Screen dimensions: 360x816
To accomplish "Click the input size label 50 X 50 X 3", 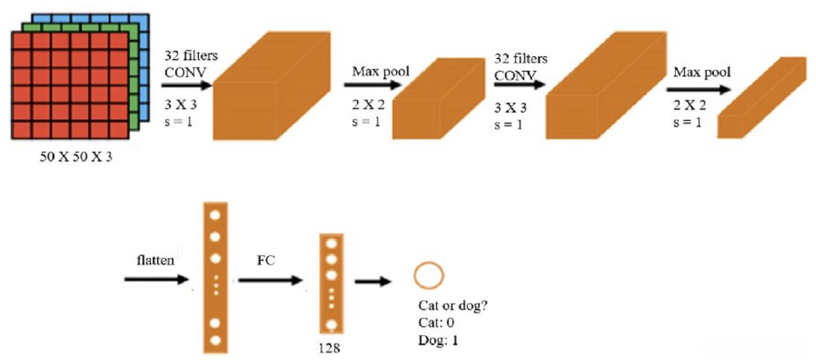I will click(x=75, y=157).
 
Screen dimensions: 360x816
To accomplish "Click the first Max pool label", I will click(x=380, y=71).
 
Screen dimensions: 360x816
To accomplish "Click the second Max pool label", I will click(x=702, y=72).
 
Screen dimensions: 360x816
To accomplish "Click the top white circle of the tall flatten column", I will click(x=214, y=215).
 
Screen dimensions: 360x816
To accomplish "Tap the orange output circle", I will click(x=429, y=275).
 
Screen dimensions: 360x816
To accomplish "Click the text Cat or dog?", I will click(x=453, y=306).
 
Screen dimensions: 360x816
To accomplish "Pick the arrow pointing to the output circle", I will click(x=373, y=281).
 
